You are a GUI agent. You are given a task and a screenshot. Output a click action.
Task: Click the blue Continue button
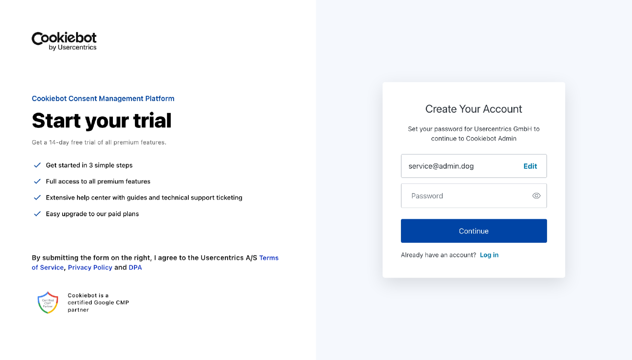474,231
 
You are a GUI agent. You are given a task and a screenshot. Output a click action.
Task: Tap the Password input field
464,196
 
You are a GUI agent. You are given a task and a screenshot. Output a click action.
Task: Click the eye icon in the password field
536,196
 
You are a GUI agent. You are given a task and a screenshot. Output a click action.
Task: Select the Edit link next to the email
530,166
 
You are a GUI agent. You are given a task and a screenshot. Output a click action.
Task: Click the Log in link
489,255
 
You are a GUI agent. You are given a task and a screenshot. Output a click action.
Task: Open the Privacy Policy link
90,267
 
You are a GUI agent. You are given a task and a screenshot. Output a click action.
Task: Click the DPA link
135,267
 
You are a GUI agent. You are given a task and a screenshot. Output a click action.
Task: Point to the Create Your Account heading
473,109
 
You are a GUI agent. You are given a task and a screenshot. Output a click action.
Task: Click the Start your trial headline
102,121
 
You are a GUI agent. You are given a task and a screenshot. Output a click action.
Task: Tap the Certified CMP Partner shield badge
48,302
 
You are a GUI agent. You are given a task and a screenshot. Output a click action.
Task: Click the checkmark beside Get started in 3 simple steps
37,165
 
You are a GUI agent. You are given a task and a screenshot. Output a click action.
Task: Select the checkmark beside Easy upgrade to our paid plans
37,214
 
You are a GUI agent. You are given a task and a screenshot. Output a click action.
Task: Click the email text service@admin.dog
441,166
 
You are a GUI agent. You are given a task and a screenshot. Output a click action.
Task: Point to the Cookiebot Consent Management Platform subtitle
103,98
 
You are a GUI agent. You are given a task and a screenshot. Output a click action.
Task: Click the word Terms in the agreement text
269,258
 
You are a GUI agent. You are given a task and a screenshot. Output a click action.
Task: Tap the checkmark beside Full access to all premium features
37,181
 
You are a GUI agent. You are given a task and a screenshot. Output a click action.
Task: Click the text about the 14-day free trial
99,142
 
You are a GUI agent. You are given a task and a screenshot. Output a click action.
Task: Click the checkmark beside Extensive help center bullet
37,198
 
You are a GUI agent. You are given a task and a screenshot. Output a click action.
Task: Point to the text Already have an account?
438,255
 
